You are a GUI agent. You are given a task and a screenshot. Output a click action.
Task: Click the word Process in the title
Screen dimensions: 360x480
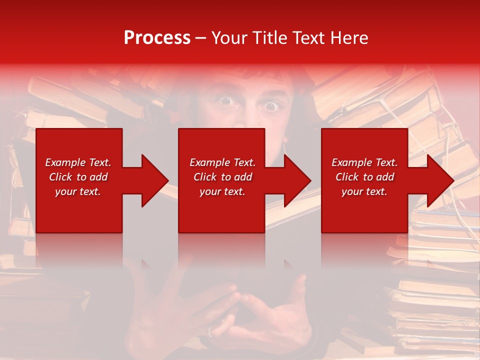coord(157,38)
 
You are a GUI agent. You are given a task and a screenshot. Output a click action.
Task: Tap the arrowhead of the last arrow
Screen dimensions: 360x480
coord(439,180)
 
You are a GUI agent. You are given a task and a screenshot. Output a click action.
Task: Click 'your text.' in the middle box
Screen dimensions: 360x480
coord(222,191)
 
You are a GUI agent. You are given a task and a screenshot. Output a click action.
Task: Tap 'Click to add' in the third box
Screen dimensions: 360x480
coord(364,177)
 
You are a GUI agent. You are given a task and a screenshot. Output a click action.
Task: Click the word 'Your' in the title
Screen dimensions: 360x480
coord(229,38)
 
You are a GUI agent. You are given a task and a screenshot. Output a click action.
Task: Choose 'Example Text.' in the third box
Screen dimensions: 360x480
coord(364,162)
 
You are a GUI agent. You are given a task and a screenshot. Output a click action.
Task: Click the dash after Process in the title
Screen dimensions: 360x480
coord(200,38)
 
